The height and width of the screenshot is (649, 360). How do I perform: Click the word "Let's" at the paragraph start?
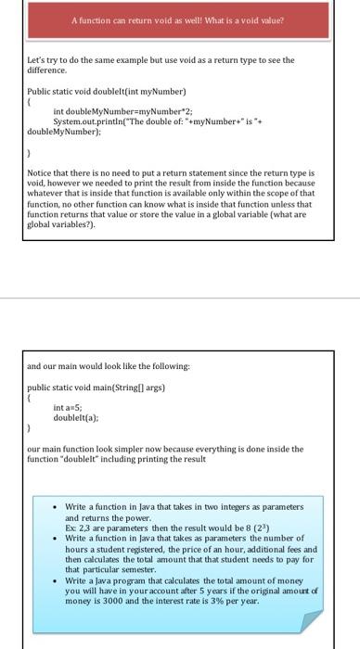(x=37, y=60)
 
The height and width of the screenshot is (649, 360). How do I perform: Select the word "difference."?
(x=47, y=70)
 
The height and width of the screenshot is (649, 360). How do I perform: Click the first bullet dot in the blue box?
(x=58, y=508)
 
